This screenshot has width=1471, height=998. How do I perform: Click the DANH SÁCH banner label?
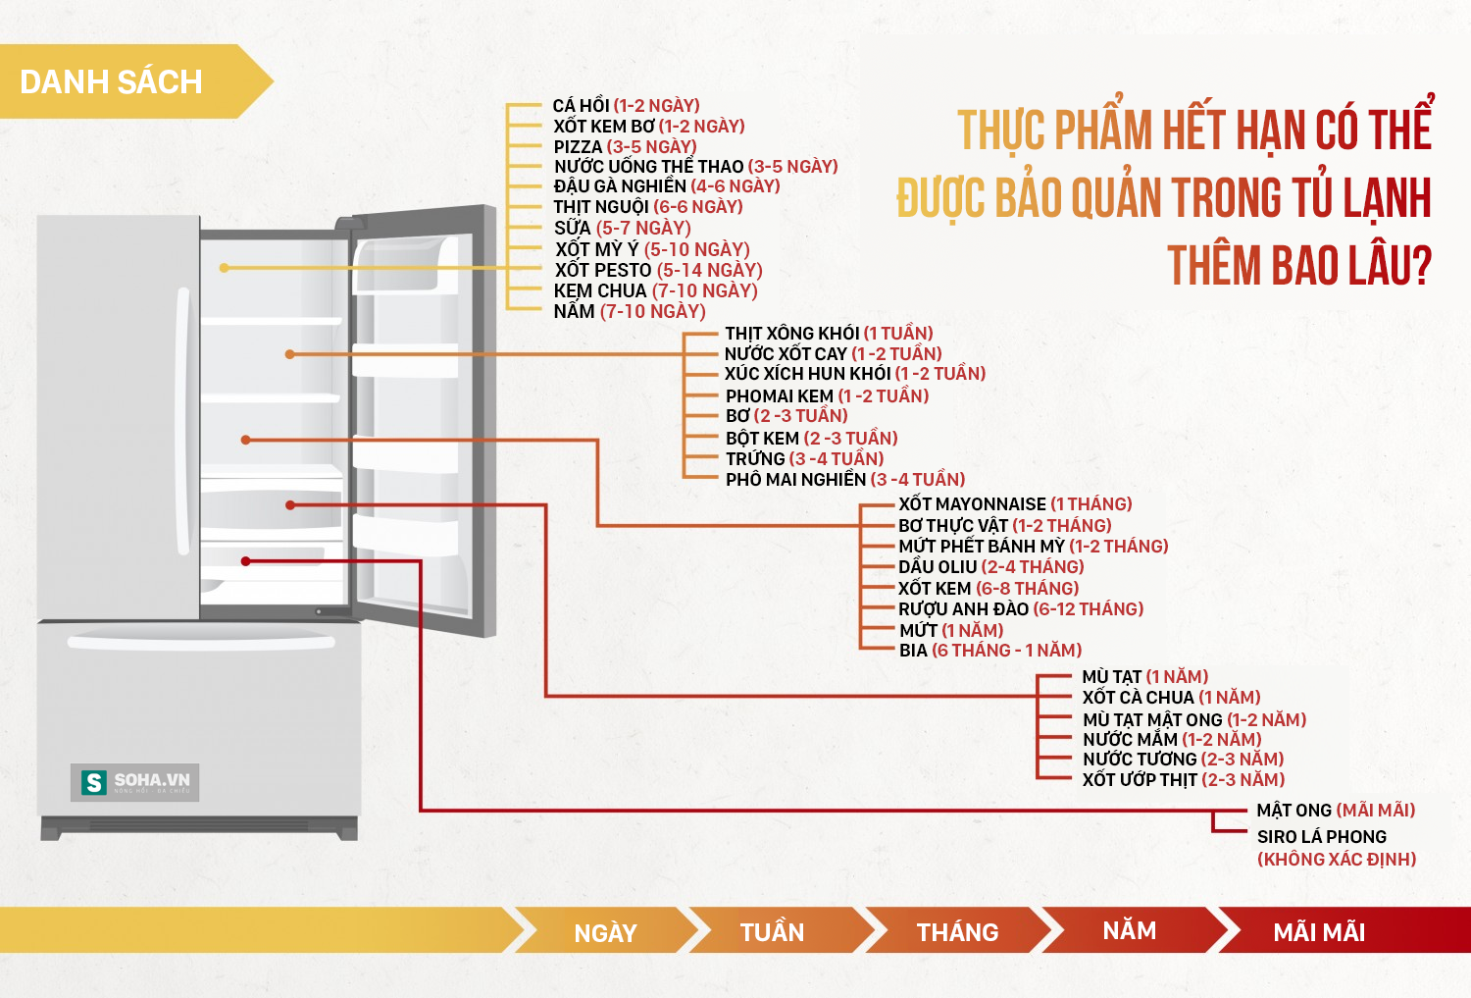[111, 82]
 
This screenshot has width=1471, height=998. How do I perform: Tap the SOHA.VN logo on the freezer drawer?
[134, 782]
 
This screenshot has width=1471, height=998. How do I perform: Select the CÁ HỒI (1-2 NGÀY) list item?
[626, 105]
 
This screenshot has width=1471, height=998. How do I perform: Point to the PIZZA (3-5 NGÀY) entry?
[625, 146]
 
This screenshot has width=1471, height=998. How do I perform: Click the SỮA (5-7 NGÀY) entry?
[622, 228]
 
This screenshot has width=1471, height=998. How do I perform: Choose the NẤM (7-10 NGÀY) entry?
[630, 311]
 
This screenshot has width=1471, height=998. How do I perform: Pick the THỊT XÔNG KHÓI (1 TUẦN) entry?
[829, 333]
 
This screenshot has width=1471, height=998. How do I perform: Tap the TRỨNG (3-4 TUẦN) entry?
[804, 458]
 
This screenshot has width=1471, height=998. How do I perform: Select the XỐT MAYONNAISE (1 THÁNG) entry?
[1015, 504]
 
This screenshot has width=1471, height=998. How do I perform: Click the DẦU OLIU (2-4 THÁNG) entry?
[990, 566]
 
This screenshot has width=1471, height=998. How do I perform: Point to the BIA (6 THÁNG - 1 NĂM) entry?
[990, 651]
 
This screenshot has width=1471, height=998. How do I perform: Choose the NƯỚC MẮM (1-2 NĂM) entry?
[1172, 739]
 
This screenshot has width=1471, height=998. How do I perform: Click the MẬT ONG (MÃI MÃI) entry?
[1336, 811]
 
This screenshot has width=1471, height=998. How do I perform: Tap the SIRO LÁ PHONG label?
[1321, 836]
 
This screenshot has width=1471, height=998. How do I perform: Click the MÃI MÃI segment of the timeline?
[1343, 930]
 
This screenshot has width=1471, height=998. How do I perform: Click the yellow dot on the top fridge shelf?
[224, 268]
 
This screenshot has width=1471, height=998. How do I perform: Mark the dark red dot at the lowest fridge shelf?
[245, 561]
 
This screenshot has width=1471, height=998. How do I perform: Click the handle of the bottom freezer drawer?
[201, 641]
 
